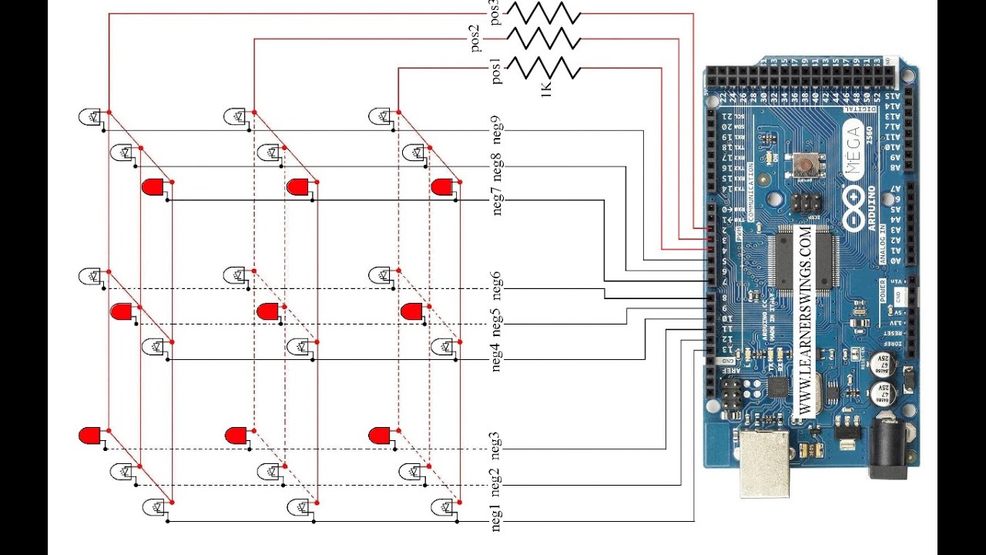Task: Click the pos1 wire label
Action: click(496, 71)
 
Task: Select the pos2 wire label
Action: click(476, 39)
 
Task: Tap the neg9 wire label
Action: click(497, 130)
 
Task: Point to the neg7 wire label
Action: click(497, 201)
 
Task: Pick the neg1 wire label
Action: click(497, 516)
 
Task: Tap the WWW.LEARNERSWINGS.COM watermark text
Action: click(805, 320)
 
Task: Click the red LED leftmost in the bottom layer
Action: click(89, 436)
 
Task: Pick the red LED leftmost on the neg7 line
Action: click(153, 187)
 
